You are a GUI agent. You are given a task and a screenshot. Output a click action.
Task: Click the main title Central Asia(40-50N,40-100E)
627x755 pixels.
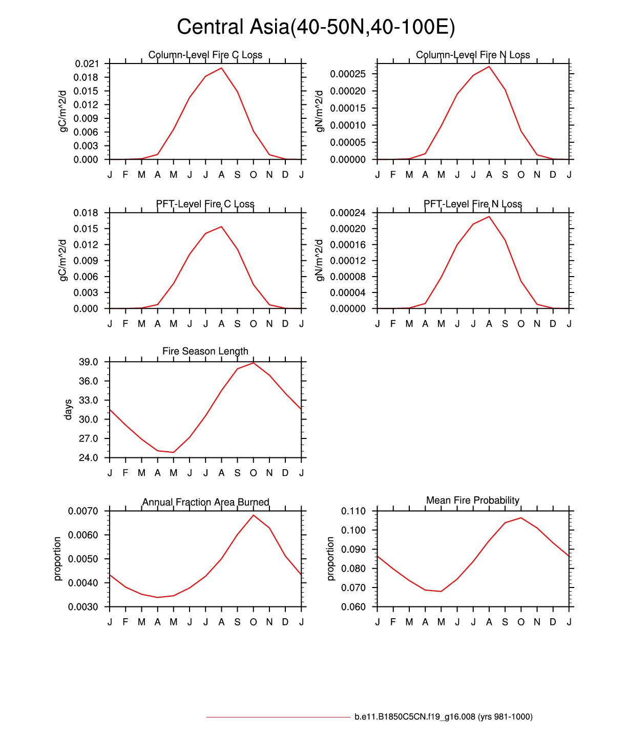(x=316, y=27)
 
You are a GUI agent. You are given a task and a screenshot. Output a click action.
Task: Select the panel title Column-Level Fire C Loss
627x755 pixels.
(x=205, y=55)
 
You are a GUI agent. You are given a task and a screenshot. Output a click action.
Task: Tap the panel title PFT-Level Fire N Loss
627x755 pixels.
(x=472, y=204)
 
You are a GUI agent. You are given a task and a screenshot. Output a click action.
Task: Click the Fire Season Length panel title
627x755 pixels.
(x=205, y=351)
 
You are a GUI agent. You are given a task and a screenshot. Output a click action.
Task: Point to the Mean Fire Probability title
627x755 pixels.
(x=472, y=500)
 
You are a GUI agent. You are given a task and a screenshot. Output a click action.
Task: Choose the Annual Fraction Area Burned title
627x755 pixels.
(x=205, y=502)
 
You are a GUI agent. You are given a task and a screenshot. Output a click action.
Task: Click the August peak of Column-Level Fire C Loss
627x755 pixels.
(x=221, y=68)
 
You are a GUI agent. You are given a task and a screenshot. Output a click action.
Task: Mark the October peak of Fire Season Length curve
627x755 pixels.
(x=253, y=363)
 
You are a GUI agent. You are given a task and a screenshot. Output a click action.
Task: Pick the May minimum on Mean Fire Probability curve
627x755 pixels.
(x=441, y=591)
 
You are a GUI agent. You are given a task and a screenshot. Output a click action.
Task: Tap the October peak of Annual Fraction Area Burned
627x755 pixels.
(x=253, y=515)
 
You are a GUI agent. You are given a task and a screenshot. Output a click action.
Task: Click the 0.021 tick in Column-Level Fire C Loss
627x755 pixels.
(x=87, y=64)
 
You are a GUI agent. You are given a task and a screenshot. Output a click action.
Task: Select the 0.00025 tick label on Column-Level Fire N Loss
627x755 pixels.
(x=348, y=74)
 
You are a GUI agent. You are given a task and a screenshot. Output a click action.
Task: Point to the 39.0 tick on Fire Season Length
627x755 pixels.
(x=88, y=362)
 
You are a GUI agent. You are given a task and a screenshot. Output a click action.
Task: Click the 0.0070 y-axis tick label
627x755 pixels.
(x=83, y=511)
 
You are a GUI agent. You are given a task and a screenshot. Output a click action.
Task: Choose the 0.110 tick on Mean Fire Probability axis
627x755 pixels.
(x=353, y=511)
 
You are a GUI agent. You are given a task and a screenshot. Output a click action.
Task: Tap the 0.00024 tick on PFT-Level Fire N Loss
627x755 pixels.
(x=348, y=213)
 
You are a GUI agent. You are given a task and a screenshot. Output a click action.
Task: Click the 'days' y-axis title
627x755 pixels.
(x=68, y=410)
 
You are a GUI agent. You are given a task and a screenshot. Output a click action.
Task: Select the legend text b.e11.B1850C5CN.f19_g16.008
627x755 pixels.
(x=443, y=717)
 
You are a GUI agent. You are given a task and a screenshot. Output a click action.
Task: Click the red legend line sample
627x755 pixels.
(x=278, y=717)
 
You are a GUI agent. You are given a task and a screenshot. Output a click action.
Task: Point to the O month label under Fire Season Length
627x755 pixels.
(x=253, y=473)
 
